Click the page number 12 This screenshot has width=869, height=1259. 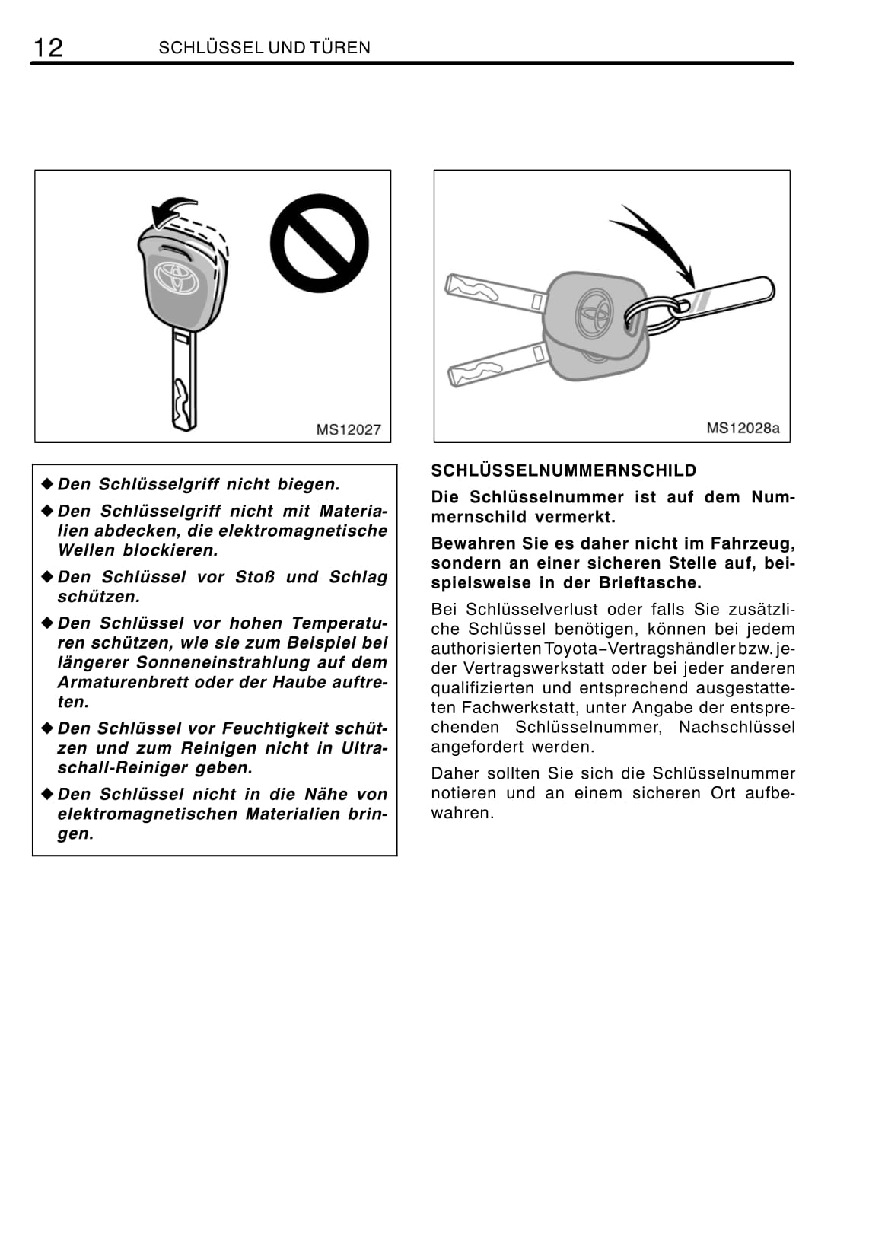(x=47, y=48)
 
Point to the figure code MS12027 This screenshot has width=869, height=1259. (x=349, y=430)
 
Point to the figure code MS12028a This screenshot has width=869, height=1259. (x=743, y=428)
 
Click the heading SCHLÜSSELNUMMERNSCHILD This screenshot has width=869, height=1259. (x=564, y=470)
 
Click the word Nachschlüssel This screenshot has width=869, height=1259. (x=736, y=727)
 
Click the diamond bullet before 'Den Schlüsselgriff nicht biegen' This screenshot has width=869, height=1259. (x=47, y=484)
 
